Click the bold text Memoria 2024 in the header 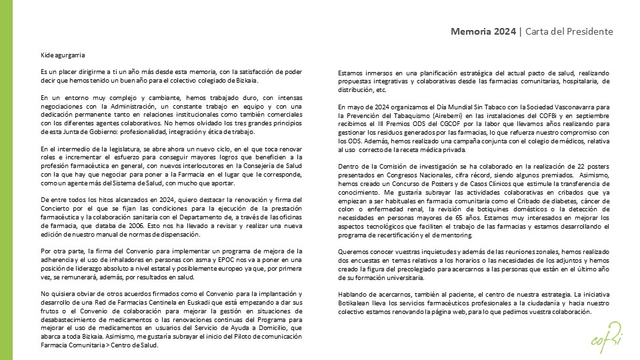482,31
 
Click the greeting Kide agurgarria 62,55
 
